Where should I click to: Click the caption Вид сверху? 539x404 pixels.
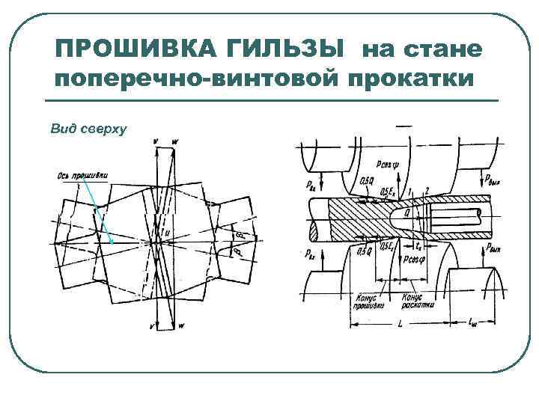88,129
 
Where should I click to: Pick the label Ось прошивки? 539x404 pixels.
82,177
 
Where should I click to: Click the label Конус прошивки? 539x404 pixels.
368,302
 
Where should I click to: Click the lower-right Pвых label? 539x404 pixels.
493,246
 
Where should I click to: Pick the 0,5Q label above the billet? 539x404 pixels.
368,180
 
